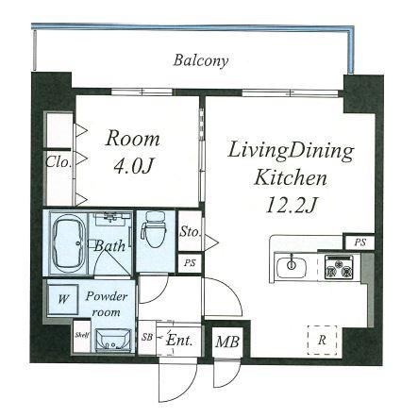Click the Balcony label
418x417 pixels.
[201, 60]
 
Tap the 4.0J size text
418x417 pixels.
[133, 166]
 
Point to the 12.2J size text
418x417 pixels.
[291, 205]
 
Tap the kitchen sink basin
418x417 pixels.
[292, 267]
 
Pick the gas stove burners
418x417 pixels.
[339, 267]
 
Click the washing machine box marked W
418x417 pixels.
[63, 299]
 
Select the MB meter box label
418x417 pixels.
[227, 342]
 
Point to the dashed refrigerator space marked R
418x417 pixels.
[322, 340]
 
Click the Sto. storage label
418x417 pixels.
[190, 232]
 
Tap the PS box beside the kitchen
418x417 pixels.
[360, 242]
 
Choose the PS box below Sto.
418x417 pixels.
[190, 263]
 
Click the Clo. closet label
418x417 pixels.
[59, 162]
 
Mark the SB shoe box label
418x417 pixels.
[146, 337]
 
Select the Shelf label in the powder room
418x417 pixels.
[82, 335]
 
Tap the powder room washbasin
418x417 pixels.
[113, 341]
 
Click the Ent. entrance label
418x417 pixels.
[179, 341]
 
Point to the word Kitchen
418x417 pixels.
[291, 177]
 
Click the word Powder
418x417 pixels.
[107, 296]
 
